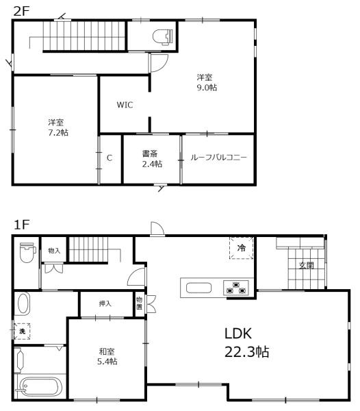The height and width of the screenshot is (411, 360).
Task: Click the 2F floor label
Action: click(21, 12)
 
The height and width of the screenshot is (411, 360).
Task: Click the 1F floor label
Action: click(21, 225)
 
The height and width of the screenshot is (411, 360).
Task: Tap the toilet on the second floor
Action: click(163, 36)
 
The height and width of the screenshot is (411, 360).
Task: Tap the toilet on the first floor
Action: click(28, 252)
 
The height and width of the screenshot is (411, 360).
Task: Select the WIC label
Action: click(125, 105)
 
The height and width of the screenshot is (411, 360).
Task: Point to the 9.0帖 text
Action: click(207, 87)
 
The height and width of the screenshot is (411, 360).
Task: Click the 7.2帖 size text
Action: click(58, 132)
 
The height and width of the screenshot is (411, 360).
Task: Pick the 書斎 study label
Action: click(150, 153)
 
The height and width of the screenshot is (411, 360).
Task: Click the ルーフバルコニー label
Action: click(218, 158)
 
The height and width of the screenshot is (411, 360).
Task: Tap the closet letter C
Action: click(110, 158)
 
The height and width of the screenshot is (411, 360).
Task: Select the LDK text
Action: click(238, 334)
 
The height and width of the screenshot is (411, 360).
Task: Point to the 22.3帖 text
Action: click(246, 351)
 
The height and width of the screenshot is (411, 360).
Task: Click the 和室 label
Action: click(107, 351)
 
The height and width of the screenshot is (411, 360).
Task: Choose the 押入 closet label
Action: click(105, 303)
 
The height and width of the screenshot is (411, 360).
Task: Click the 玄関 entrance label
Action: click(307, 265)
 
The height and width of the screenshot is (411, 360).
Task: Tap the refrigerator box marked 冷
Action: click(242, 248)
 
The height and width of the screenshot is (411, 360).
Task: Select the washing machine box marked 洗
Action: click(22, 332)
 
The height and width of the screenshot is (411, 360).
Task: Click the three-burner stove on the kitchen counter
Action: click(236, 288)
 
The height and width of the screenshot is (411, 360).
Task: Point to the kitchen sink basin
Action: click(198, 288)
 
